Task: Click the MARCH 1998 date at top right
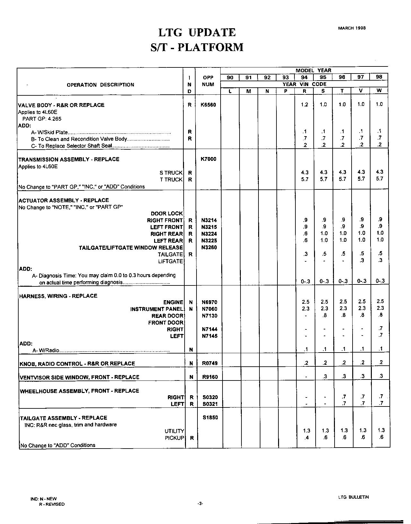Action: click(352, 28)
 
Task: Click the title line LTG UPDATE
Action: click(197, 32)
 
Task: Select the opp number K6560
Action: click(208, 105)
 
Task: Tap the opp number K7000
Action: click(208, 159)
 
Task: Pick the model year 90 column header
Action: click(230, 77)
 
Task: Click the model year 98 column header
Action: click(379, 77)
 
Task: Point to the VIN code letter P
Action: click(285, 91)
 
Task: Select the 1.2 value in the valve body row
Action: click(305, 105)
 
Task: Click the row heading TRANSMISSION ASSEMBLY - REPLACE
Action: click(69, 159)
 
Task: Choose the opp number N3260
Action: click(209, 247)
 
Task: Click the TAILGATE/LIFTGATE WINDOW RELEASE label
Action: click(131, 248)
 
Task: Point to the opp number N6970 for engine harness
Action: click(209, 302)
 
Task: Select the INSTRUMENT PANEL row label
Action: click(156, 309)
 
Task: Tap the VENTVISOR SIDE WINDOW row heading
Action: click(80, 377)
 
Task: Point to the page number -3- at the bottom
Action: click(200, 504)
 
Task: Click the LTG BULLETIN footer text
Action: click(353, 497)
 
